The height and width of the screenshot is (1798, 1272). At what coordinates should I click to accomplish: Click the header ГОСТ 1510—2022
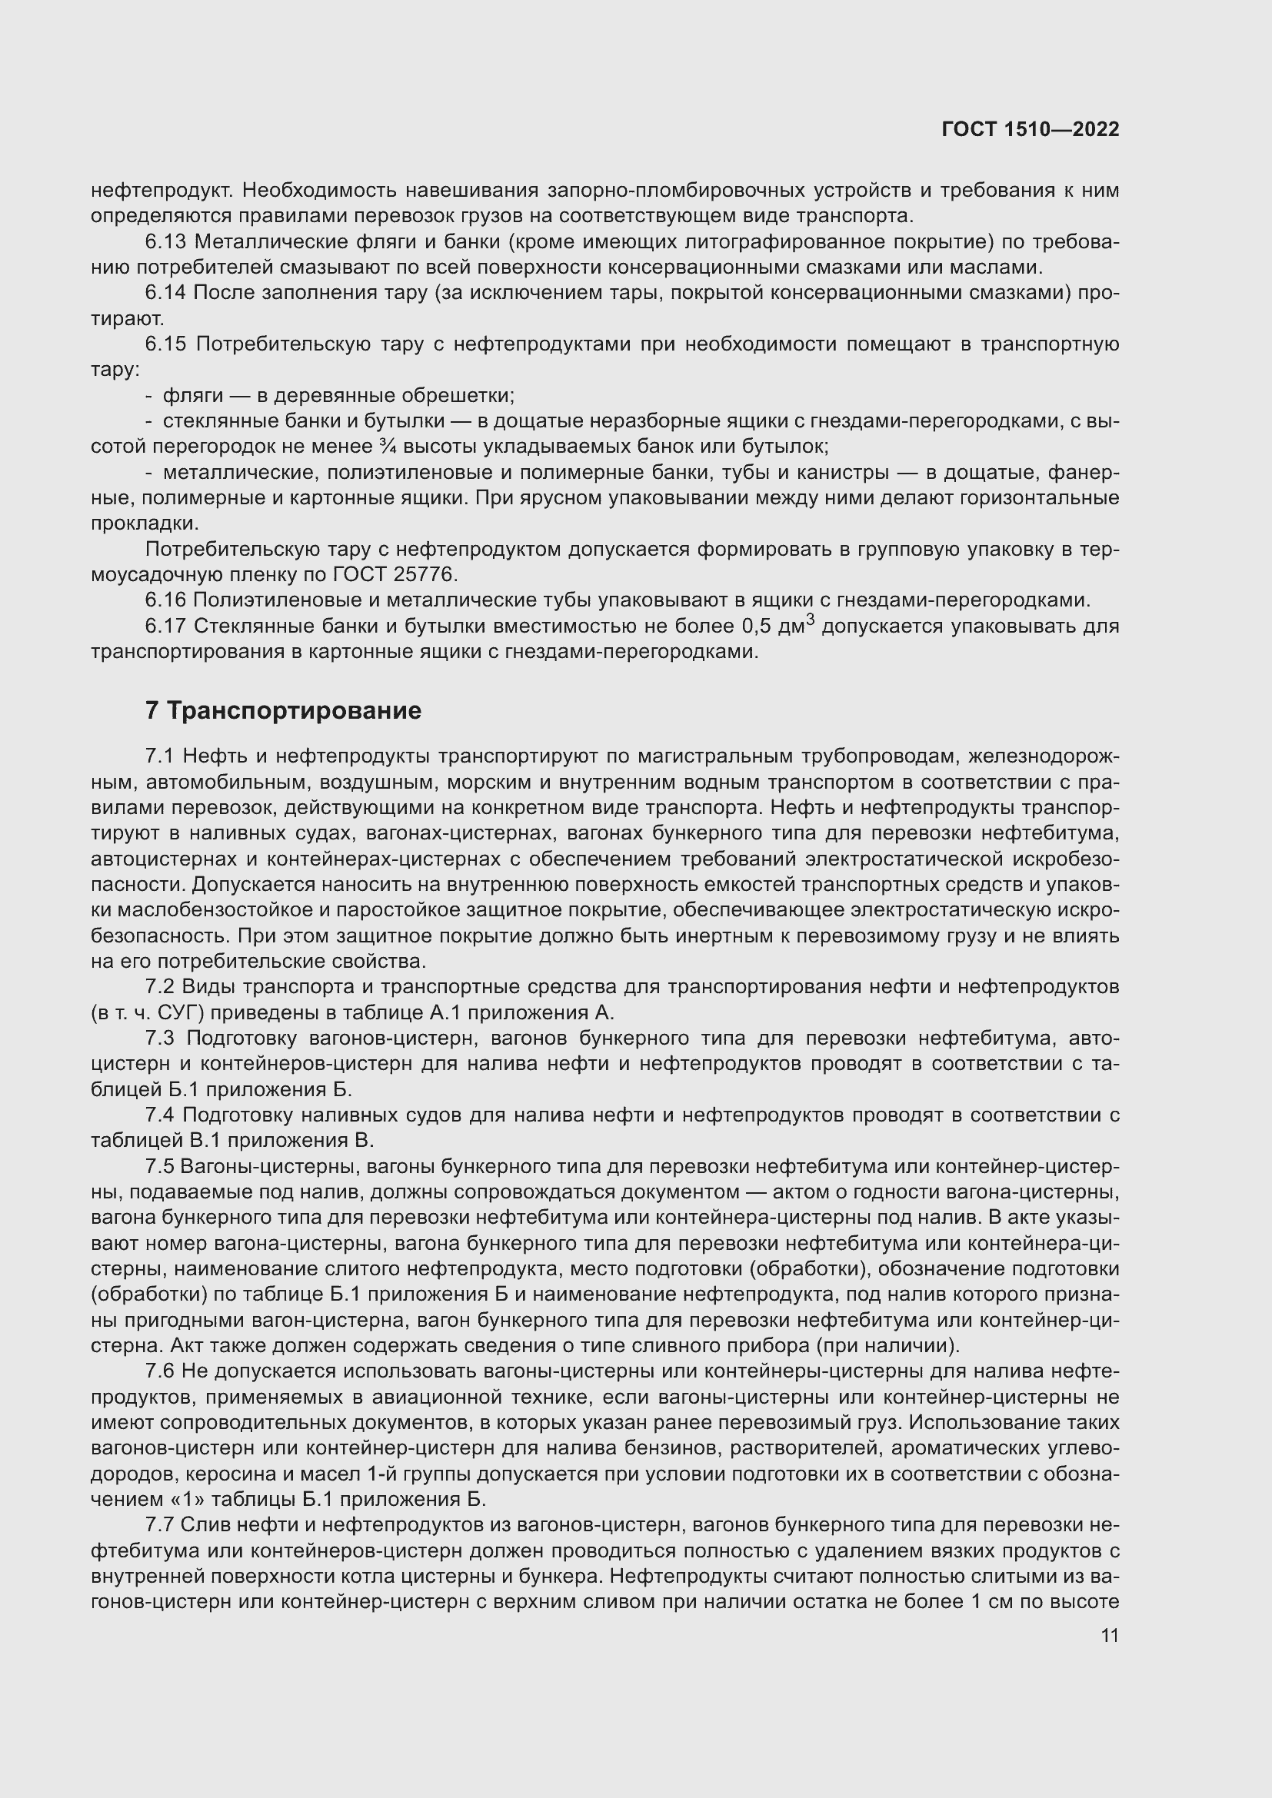click(1030, 129)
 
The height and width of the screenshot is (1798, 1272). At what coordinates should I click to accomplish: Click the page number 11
click(1109, 1635)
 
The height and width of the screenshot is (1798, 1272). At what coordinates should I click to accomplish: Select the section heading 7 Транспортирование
click(283, 710)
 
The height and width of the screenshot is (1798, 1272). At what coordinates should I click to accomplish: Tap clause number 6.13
click(165, 242)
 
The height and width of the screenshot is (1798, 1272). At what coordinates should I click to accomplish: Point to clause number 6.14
click(165, 293)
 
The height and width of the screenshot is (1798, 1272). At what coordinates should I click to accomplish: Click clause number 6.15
click(165, 344)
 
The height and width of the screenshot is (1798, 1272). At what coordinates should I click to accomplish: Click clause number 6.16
click(165, 600)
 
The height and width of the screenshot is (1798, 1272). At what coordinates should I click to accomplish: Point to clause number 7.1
click(161, 756)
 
